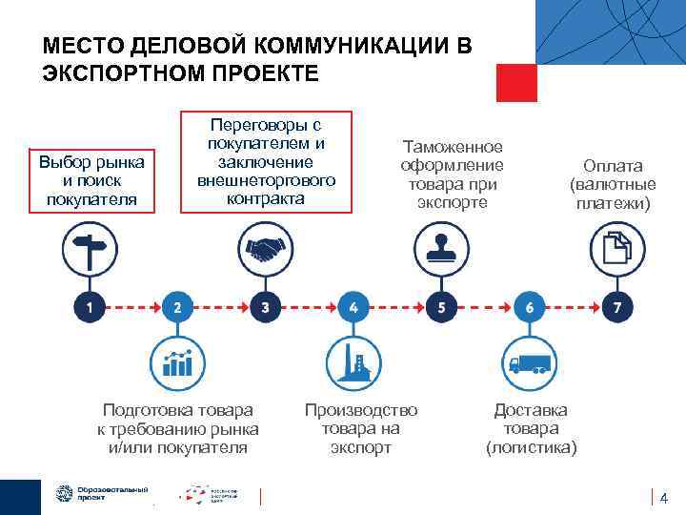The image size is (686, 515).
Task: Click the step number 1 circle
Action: pyautogui.click(x=89, y=307)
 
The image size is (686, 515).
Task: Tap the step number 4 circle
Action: pyautogui.click(x=353, y=307)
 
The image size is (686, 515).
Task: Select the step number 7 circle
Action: pyautogui.click(x=618, y=307)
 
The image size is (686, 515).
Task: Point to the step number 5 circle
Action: pyautogui.click(x=441, y=307)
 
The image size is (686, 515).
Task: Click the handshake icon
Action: pyautogui.click(x=265, y=250)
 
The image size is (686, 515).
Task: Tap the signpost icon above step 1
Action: pyautogui.click(x=89, y=250)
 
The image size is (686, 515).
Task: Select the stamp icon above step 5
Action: pyautogui.click(x=441, y=250)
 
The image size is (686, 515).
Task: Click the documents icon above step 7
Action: pyautogui.click(x=618, y=250)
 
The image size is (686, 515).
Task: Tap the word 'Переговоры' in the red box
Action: pyautogui.click(x=266, y=125)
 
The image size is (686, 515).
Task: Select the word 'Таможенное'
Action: pyautogui.click(x=453, y=147)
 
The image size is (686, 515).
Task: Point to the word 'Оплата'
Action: pyautogui.click(x=613, y=166)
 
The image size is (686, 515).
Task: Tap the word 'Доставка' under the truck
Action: pyautogui.click(x=530, y=410)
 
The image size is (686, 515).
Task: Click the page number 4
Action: pyautogui.click(x=664, y=497)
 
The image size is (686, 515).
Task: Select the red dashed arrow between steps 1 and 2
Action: pyautogui.click(x=132, y=307)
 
